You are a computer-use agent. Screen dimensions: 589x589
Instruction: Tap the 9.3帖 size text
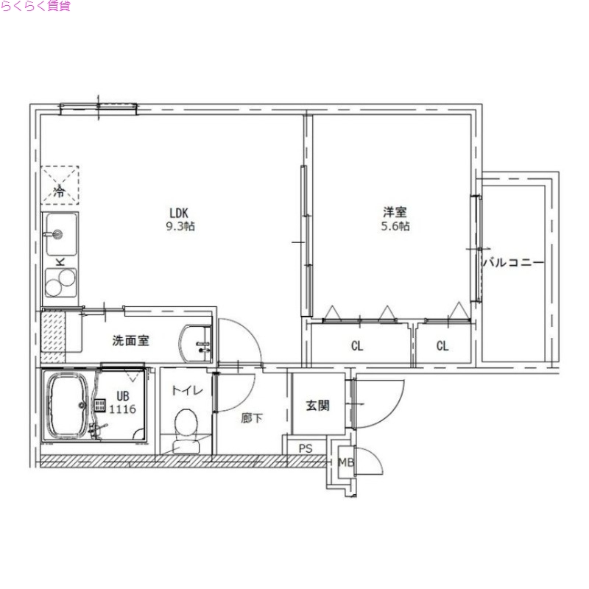point(180,227)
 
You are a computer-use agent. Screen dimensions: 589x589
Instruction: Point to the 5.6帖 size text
point(395,227)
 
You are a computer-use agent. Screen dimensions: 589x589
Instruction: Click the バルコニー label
point(513,263)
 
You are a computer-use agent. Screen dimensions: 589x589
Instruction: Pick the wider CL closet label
point(357,346)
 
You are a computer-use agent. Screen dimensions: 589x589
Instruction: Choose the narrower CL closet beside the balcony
point(442,346)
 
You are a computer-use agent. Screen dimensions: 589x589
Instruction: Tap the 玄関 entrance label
point(317,404)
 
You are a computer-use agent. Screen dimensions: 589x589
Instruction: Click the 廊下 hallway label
point(252,417)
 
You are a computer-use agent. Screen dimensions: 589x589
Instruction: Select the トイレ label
point(184,390)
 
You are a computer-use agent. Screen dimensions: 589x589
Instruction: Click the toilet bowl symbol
point(185,425)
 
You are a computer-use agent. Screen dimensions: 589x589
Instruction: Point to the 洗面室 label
point(131,341)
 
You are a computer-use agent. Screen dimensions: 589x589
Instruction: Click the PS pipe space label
point(306,447)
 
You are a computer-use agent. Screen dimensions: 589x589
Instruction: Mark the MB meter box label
point(345,462)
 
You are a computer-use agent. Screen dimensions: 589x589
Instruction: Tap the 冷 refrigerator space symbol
point(58,193)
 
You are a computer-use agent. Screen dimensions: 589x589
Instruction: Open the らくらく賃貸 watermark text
point(36,8)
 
